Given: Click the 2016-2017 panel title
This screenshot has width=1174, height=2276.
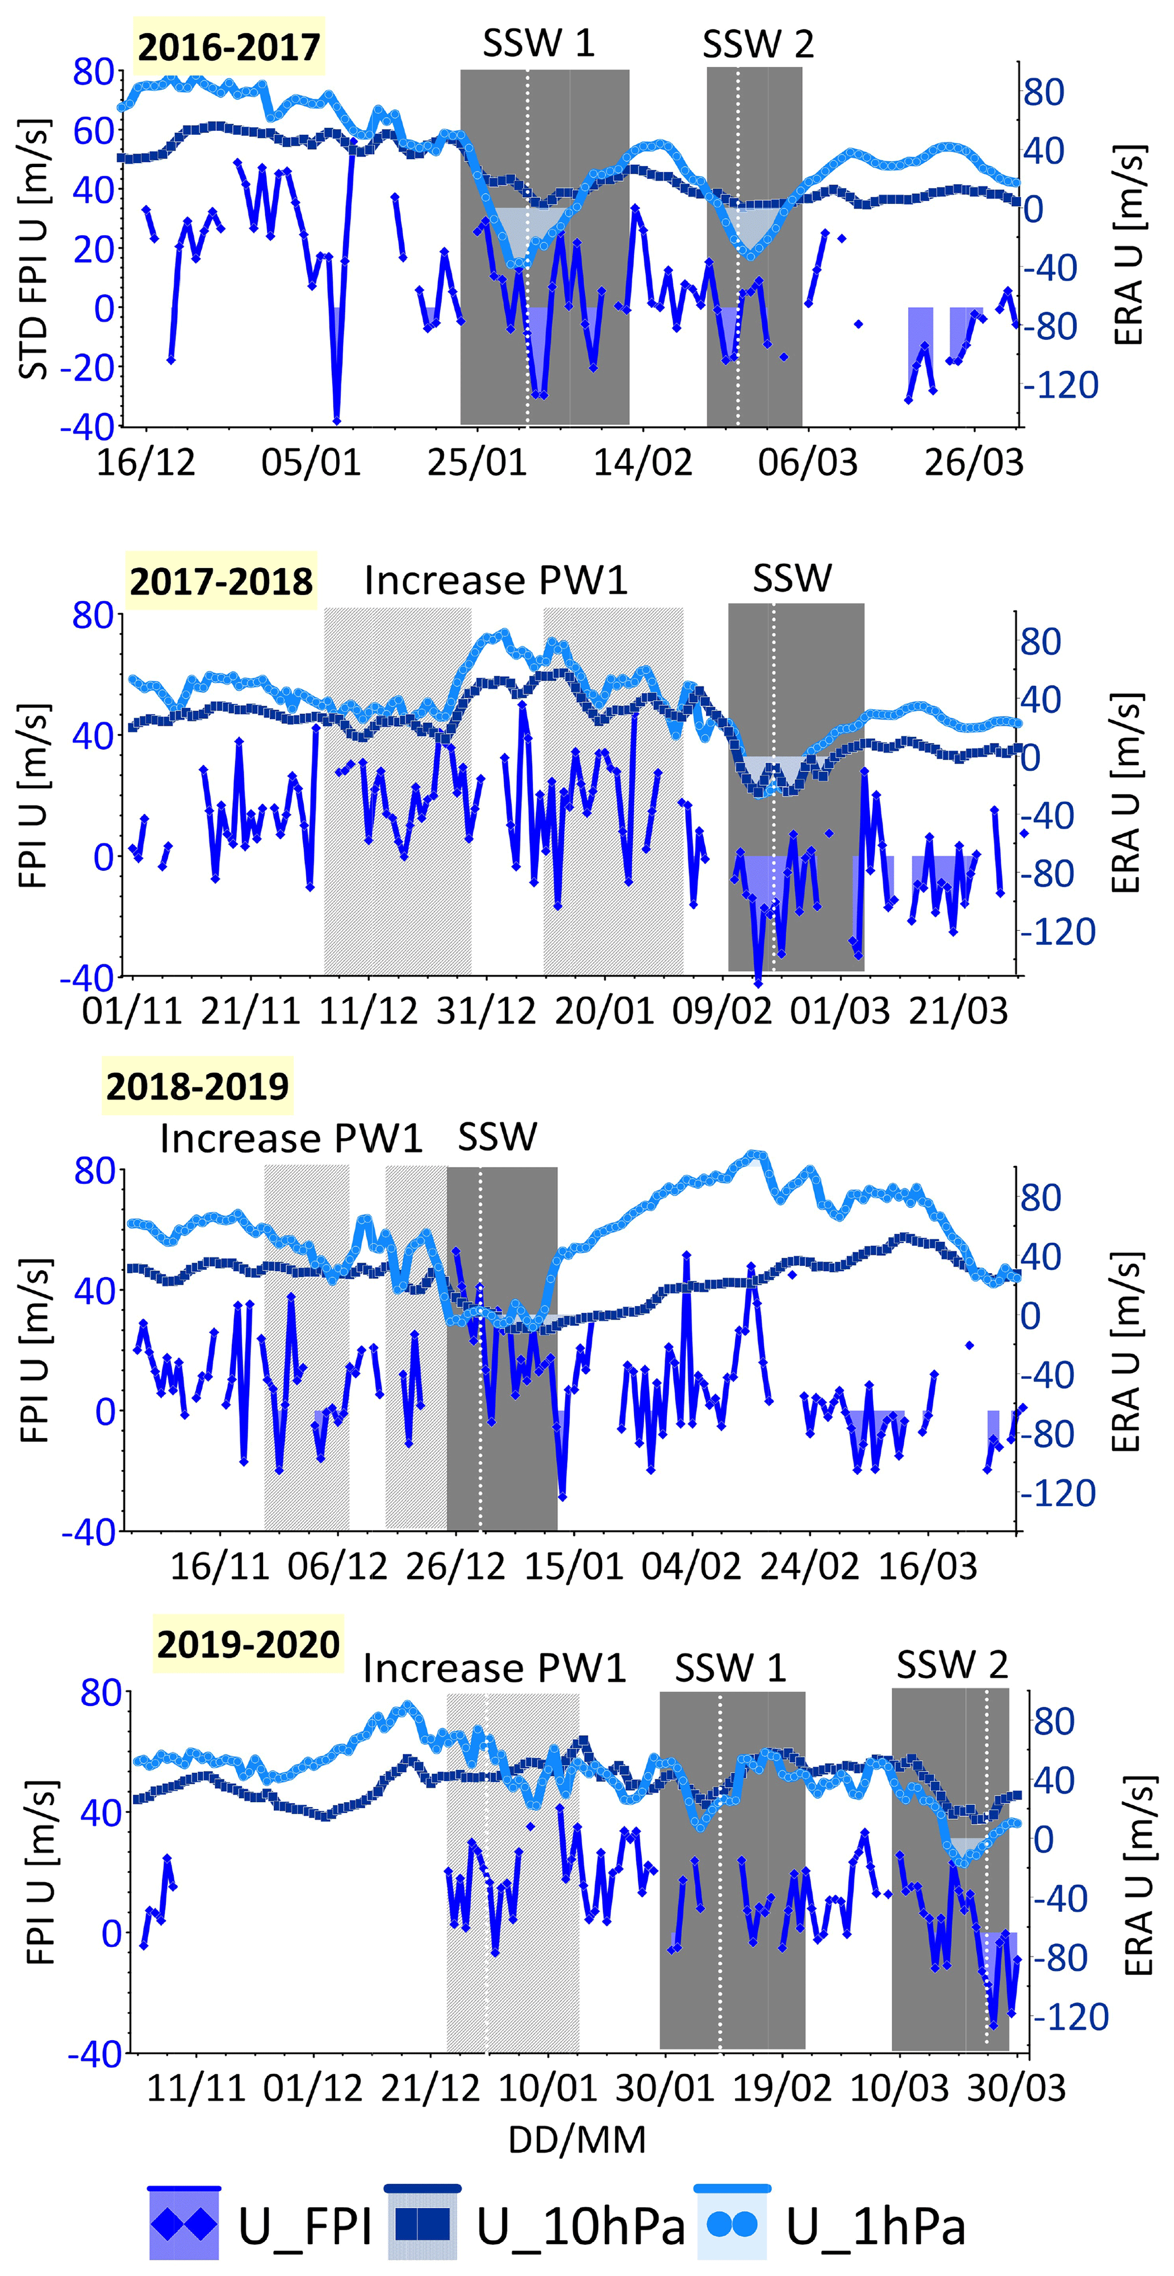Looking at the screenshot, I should (229, 47).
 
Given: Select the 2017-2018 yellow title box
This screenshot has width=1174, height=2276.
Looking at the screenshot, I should (221, 581).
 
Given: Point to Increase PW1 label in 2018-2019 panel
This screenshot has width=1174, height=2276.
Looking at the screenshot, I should (291, 1138).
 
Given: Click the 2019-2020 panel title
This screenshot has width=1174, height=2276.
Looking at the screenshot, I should (248, 1644).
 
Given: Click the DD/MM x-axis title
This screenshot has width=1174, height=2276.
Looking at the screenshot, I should (577, 2139).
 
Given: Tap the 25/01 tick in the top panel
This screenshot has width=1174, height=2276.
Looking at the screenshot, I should (477, 462).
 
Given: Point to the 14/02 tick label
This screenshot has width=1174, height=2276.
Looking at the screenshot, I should (642, 462).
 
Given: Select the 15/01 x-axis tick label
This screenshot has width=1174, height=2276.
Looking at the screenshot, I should (574, 1566).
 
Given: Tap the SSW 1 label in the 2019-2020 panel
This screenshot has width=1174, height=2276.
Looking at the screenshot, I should (730, 1668).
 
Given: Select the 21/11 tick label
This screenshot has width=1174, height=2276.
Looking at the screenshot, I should (251, 1011).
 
